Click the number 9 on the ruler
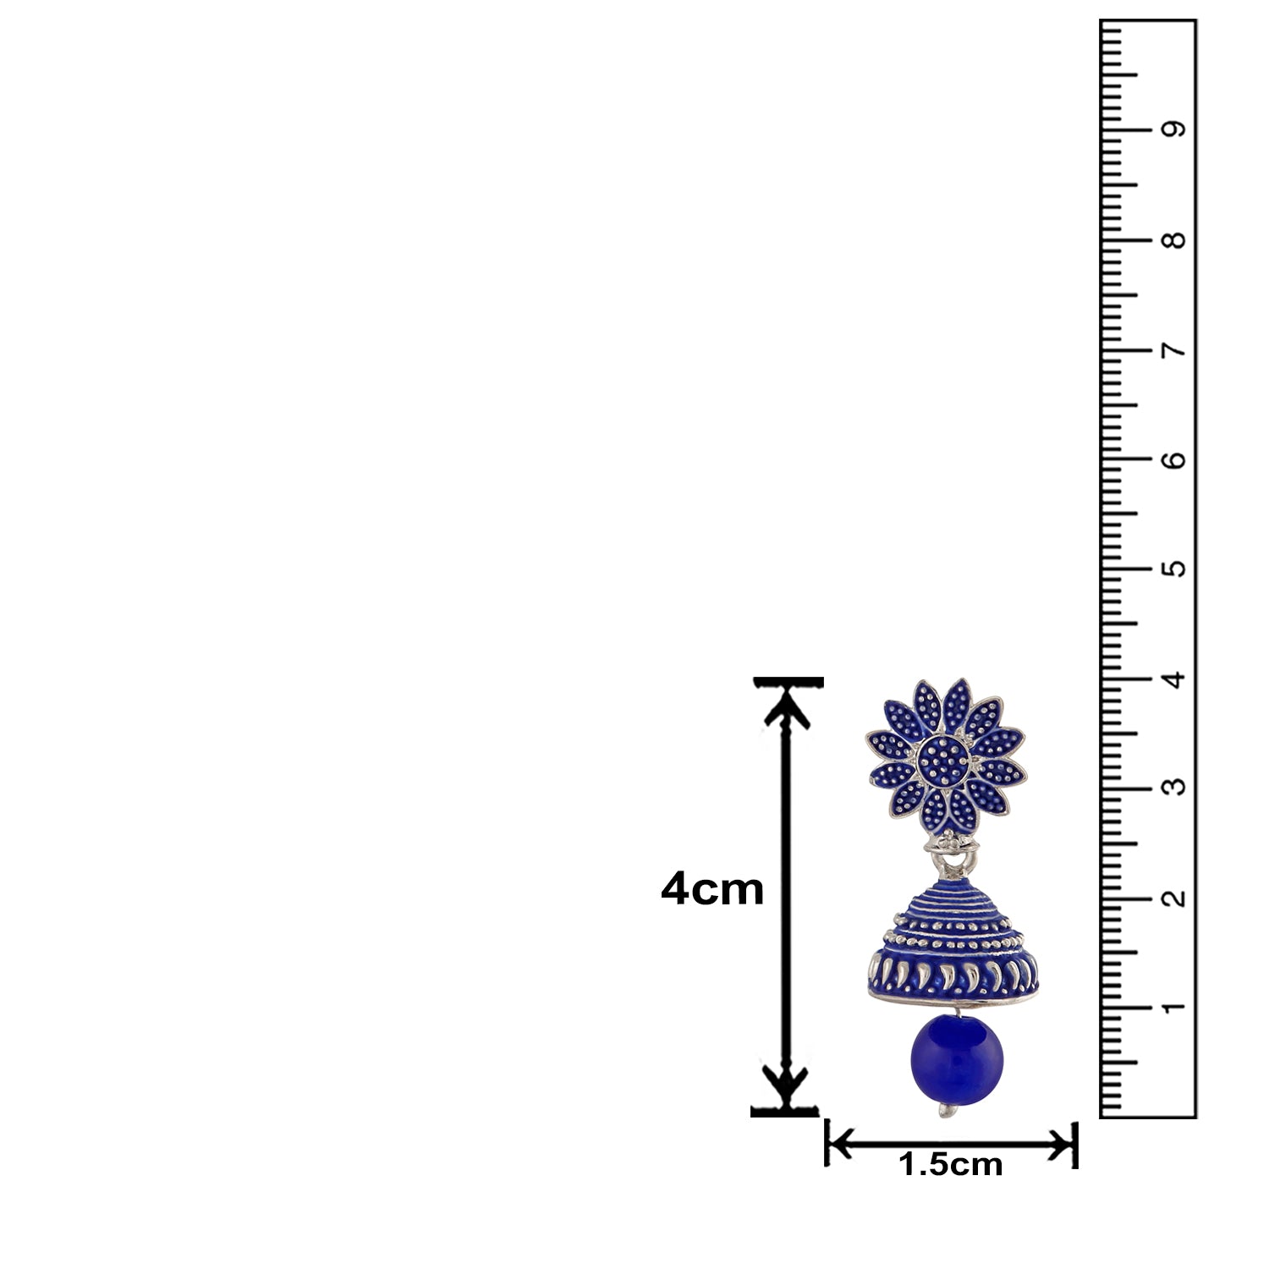[x=1173, y=129]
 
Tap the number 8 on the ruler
[x=1173, y=240]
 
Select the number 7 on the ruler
[x=1173, y=350]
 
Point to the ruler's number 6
[x=1173, y=459]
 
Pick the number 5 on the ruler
[x=1173, y=569]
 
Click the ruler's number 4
[x=1173, y=678]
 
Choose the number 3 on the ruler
[x=1173, y=788]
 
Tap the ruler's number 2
[x=1173, y=898]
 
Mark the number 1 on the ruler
[x=1173, y=1008]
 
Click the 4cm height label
[x=712, y=890]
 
